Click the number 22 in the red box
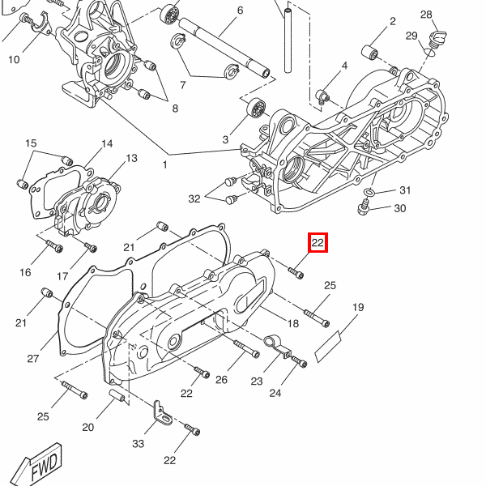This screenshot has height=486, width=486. [x=318, y=242]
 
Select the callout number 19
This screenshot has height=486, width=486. [x=357, y=308]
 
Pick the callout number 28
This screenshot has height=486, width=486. [x=426, y=15]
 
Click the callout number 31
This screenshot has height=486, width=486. [x=405, y=190]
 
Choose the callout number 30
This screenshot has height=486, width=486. [x=399, y=209]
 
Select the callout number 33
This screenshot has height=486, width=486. [x=138, y=444]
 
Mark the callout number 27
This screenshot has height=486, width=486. [x=33, y=359]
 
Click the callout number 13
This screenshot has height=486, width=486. [x=131, y=158]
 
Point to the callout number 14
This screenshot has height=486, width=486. [x=107, y=144]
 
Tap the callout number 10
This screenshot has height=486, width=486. [x=14, y=59]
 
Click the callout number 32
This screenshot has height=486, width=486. [x=194, y=198]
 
